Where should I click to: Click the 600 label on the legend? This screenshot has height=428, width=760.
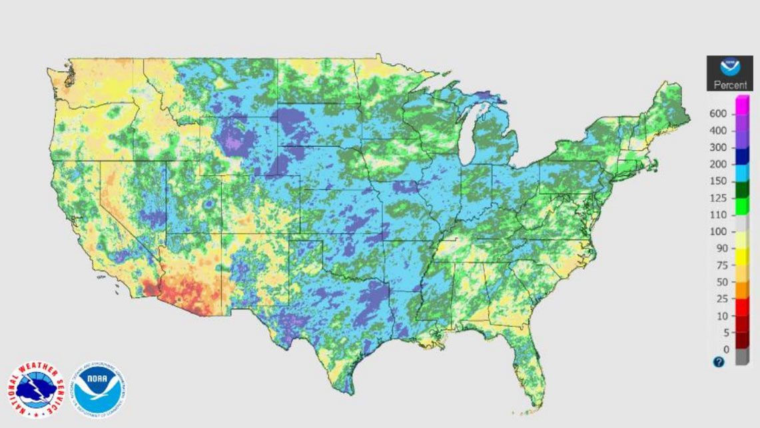(717, 114)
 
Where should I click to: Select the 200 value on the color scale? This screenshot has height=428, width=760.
(717, 164)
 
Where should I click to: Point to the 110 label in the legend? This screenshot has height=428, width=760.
(717, 215)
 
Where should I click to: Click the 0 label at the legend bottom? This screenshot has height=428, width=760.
(725, 349)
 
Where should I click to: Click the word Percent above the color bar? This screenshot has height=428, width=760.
(730, 85)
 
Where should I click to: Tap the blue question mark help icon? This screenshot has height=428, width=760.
(719, 362)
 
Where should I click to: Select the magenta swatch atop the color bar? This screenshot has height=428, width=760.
(742, 105)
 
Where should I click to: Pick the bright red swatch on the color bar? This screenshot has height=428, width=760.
(742, 307)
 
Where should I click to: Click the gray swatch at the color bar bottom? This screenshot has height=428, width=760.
(742, 357)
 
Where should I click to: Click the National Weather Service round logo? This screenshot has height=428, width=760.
(35, 389)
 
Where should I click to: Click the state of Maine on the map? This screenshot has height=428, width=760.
(669, 107)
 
